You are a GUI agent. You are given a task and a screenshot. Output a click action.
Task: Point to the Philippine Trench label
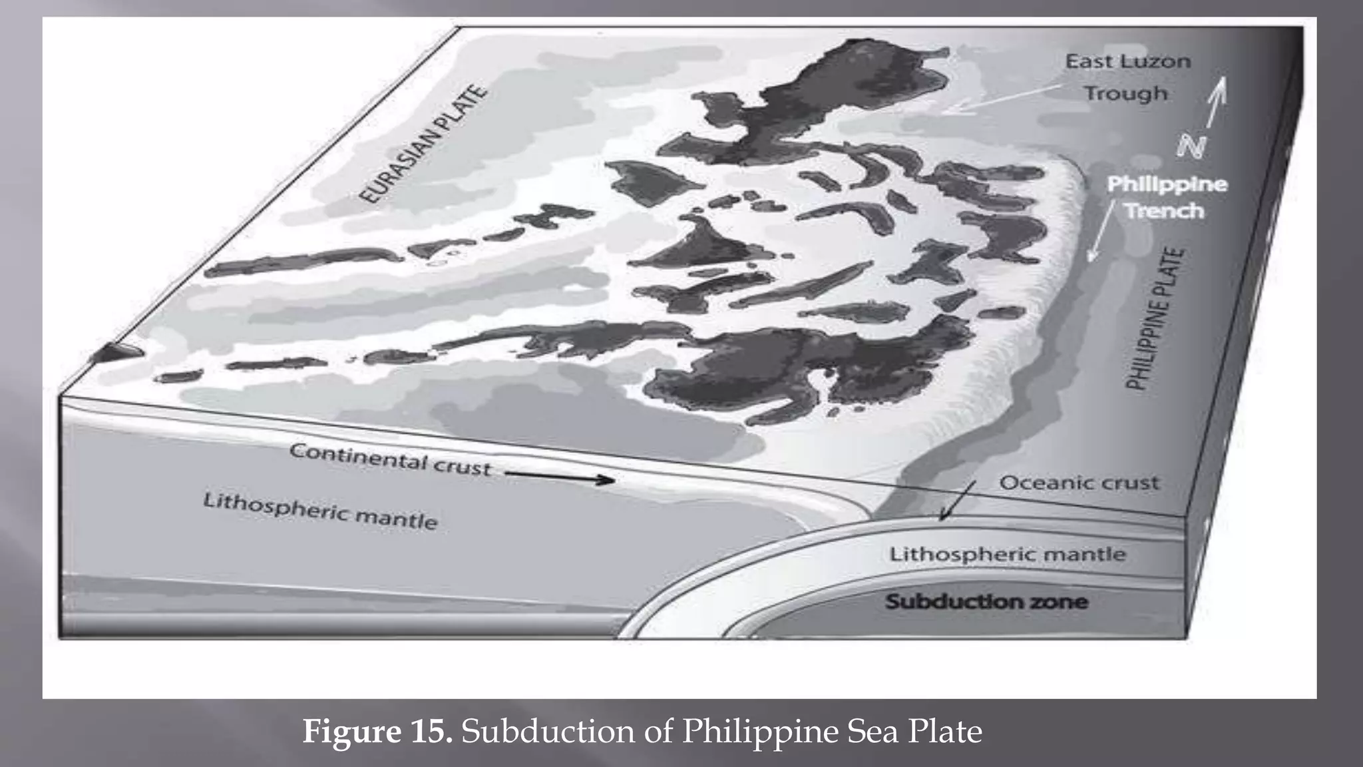[1166, 197]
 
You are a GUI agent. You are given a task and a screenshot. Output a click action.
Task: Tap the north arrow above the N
[1217, 100]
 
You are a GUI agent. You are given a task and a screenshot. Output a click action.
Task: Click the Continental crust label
[390, 459]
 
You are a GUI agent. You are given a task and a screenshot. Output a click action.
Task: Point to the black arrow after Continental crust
[559, 476]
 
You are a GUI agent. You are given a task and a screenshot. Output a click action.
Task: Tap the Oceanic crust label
[1079, 483]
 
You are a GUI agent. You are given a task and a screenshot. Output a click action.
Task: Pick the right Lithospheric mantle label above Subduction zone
[1007, 554]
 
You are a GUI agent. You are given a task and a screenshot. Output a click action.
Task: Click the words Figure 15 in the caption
[377, 732]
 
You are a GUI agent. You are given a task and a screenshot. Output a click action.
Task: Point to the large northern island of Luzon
[832, 100]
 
